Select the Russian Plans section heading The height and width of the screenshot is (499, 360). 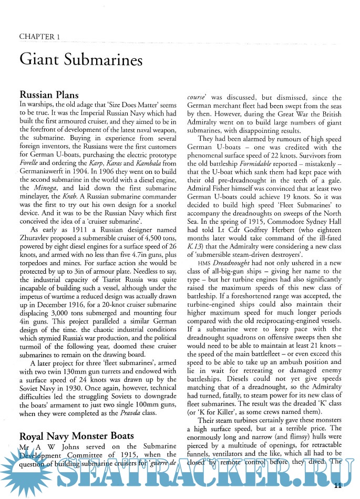(49, 95)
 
